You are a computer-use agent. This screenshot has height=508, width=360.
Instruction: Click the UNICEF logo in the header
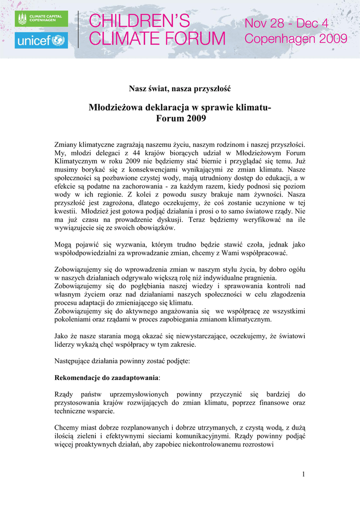coord(41,40)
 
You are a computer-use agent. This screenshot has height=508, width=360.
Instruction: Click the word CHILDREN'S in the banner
coord(139,21)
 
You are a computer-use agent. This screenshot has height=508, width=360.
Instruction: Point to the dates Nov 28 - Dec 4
coord(287,23)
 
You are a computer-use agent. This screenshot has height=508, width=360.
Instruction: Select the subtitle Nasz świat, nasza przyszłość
coord(180,89)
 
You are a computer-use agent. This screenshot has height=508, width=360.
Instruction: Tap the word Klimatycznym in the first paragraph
coord(76,161)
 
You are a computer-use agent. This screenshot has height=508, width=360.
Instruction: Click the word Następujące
coord(74,361)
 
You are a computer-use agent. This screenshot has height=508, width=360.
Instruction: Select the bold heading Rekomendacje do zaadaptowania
coord(106,378)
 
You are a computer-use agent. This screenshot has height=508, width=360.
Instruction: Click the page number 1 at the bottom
coord(303,475)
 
